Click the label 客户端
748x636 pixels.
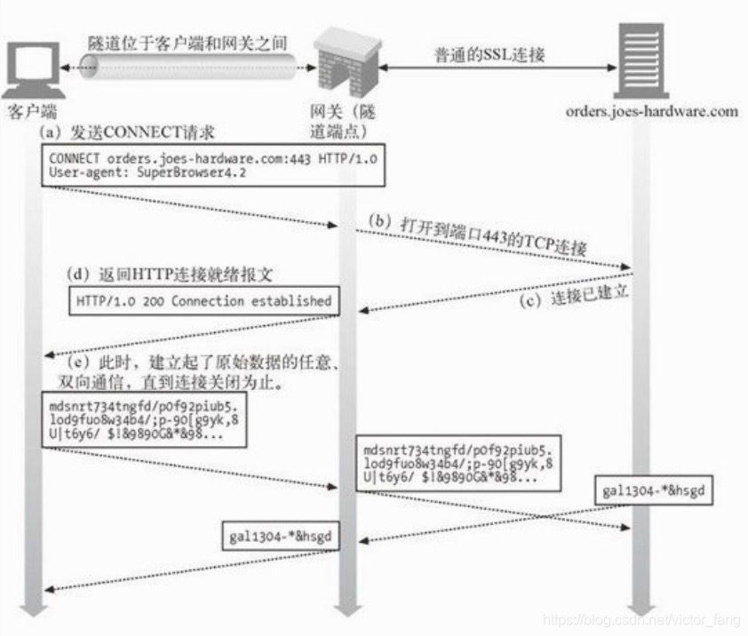point(32,112)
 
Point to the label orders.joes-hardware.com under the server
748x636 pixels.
point(651,111)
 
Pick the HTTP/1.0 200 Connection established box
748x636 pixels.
point(203,301)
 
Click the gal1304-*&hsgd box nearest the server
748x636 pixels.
point(655,490)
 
